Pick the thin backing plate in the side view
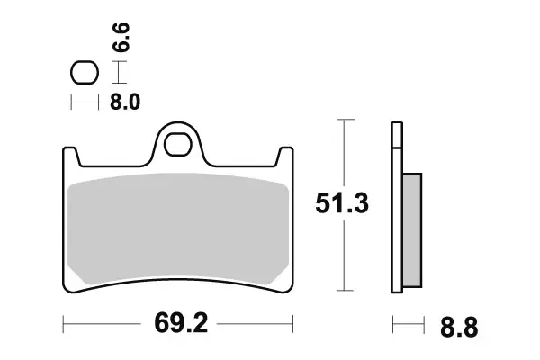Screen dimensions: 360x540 395,207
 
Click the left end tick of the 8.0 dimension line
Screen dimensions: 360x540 71,103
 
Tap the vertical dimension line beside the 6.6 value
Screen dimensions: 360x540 120,71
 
